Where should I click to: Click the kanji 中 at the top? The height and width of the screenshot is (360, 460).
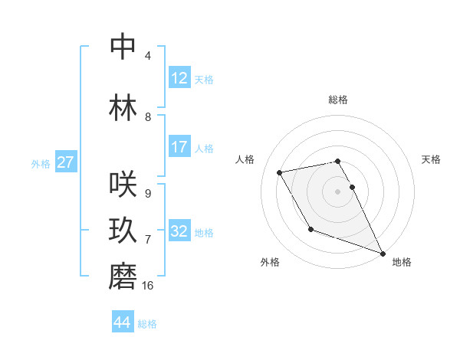pos(123,47)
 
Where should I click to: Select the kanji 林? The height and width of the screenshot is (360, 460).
pos(123,106)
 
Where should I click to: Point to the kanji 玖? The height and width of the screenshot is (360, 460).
pos(123,231)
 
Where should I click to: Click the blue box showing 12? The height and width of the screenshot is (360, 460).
pos(179,78)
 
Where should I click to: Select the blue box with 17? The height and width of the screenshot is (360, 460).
pos(179,147)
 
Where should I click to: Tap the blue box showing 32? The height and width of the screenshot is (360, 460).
pos(179,231)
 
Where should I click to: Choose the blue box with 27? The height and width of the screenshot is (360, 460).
pos(66,162)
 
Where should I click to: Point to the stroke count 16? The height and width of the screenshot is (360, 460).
pos(148,286)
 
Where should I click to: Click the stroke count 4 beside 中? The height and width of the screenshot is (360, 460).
pos(148,56)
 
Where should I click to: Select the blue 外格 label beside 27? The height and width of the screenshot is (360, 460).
pos(41,163)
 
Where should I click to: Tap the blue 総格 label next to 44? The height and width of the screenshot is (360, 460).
pos(148,324)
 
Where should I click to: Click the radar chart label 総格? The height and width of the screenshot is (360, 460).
pos(338,100)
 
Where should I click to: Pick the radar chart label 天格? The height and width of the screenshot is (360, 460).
pos(432,159)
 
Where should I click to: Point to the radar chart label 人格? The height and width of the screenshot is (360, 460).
pos(245,159)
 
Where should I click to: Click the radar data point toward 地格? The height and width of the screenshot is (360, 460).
pos(383,254)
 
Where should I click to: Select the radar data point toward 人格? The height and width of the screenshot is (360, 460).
pos(280,173)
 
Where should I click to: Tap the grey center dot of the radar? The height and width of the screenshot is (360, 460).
pos(338,191)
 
